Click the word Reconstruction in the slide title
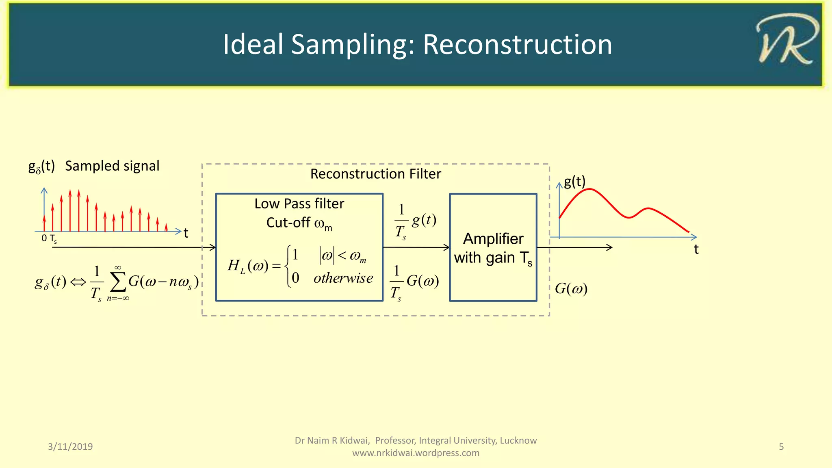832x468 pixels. (x=517, y=44)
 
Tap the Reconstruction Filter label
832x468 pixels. (x=375, y=174)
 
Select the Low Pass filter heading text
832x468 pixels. (x=299, y=204)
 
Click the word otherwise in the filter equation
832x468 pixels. (x=343, y=278)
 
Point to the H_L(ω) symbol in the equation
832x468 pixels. (x=248, y=266)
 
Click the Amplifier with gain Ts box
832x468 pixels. (x=493, y=248)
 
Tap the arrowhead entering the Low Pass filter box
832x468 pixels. (x=212, y=247)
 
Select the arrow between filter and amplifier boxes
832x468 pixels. (x=416, y=247)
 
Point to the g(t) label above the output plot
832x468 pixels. (x=574, y=181)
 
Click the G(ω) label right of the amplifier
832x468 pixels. (x=571, y=289)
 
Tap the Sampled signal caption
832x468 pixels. (x=112, y=166)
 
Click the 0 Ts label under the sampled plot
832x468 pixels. (x=49, y=238)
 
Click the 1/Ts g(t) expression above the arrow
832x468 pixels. (x=415, y=221)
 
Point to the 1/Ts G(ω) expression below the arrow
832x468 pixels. (x=414, y=282)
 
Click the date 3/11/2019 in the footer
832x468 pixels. (x=70, y=446)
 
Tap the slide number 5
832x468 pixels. (x=781, y=446)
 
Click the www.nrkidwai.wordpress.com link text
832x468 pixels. (x=416, y=453)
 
